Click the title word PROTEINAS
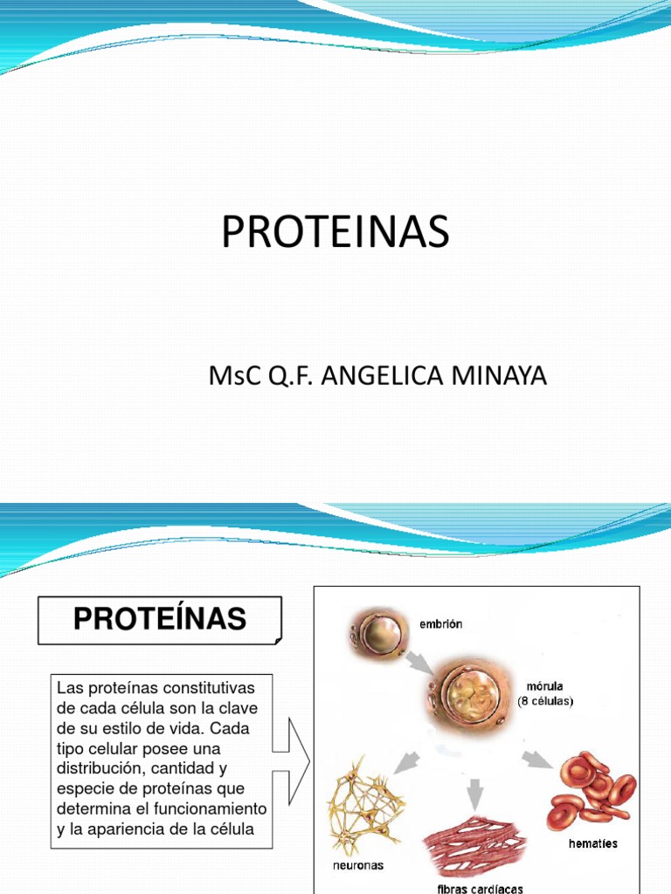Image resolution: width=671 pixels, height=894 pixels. [335, 232]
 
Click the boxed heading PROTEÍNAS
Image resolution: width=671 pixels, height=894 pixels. [160, 619]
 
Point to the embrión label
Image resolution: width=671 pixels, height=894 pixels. [440, 624]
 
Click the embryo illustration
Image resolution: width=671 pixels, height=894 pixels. [377, 631]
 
